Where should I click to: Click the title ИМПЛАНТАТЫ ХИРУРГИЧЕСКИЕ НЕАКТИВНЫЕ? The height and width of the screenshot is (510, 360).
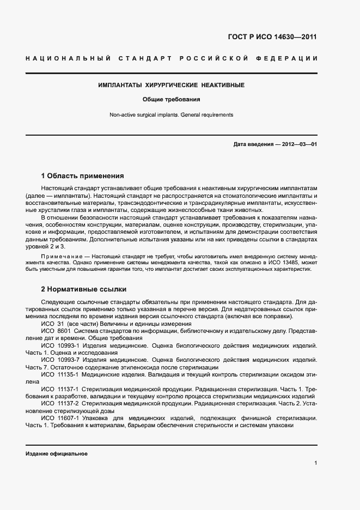point(171,86)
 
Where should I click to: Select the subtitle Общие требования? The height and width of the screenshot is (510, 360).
point(171,100)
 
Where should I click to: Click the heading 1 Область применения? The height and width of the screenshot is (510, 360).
point(82,176)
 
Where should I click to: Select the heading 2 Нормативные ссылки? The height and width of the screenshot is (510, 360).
point(83,289)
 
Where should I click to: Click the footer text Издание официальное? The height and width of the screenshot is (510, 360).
point(57,453)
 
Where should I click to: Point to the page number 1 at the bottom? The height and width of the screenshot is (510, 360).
point(315,463)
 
